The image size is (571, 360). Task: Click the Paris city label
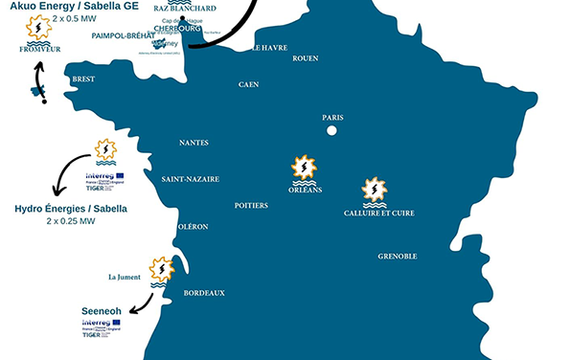(332, 118)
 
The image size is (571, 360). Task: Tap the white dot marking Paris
(331, 130)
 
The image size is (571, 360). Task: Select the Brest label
(83, 79)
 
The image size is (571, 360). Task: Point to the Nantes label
(194, 143)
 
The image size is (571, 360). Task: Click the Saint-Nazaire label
(190, 179)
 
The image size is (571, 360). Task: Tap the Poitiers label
(251, 206)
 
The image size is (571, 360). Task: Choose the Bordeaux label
(203, 293)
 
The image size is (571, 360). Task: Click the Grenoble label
(398, 257)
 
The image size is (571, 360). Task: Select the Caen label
(248, 84)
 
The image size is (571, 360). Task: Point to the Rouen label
(305, 58)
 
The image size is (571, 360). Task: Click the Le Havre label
(269, 47)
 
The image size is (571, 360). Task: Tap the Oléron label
(194, 227)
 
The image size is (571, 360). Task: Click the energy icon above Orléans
(305, 169)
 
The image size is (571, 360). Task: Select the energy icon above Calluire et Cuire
(374, 190)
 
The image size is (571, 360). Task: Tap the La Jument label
(126, 278)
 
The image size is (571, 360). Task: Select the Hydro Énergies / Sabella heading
(70, 208)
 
